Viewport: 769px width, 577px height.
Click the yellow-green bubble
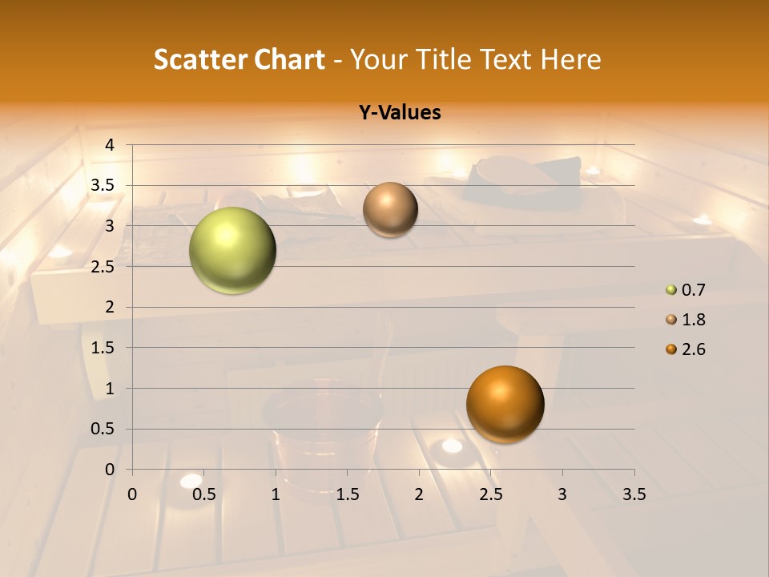tap(232, 250)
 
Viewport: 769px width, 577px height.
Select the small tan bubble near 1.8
tap(390, 209)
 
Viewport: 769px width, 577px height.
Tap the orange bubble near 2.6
tap(505, 404)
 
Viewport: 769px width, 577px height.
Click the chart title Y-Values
tap(400, 112)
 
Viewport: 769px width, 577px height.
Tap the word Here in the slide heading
tap(570, 59)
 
